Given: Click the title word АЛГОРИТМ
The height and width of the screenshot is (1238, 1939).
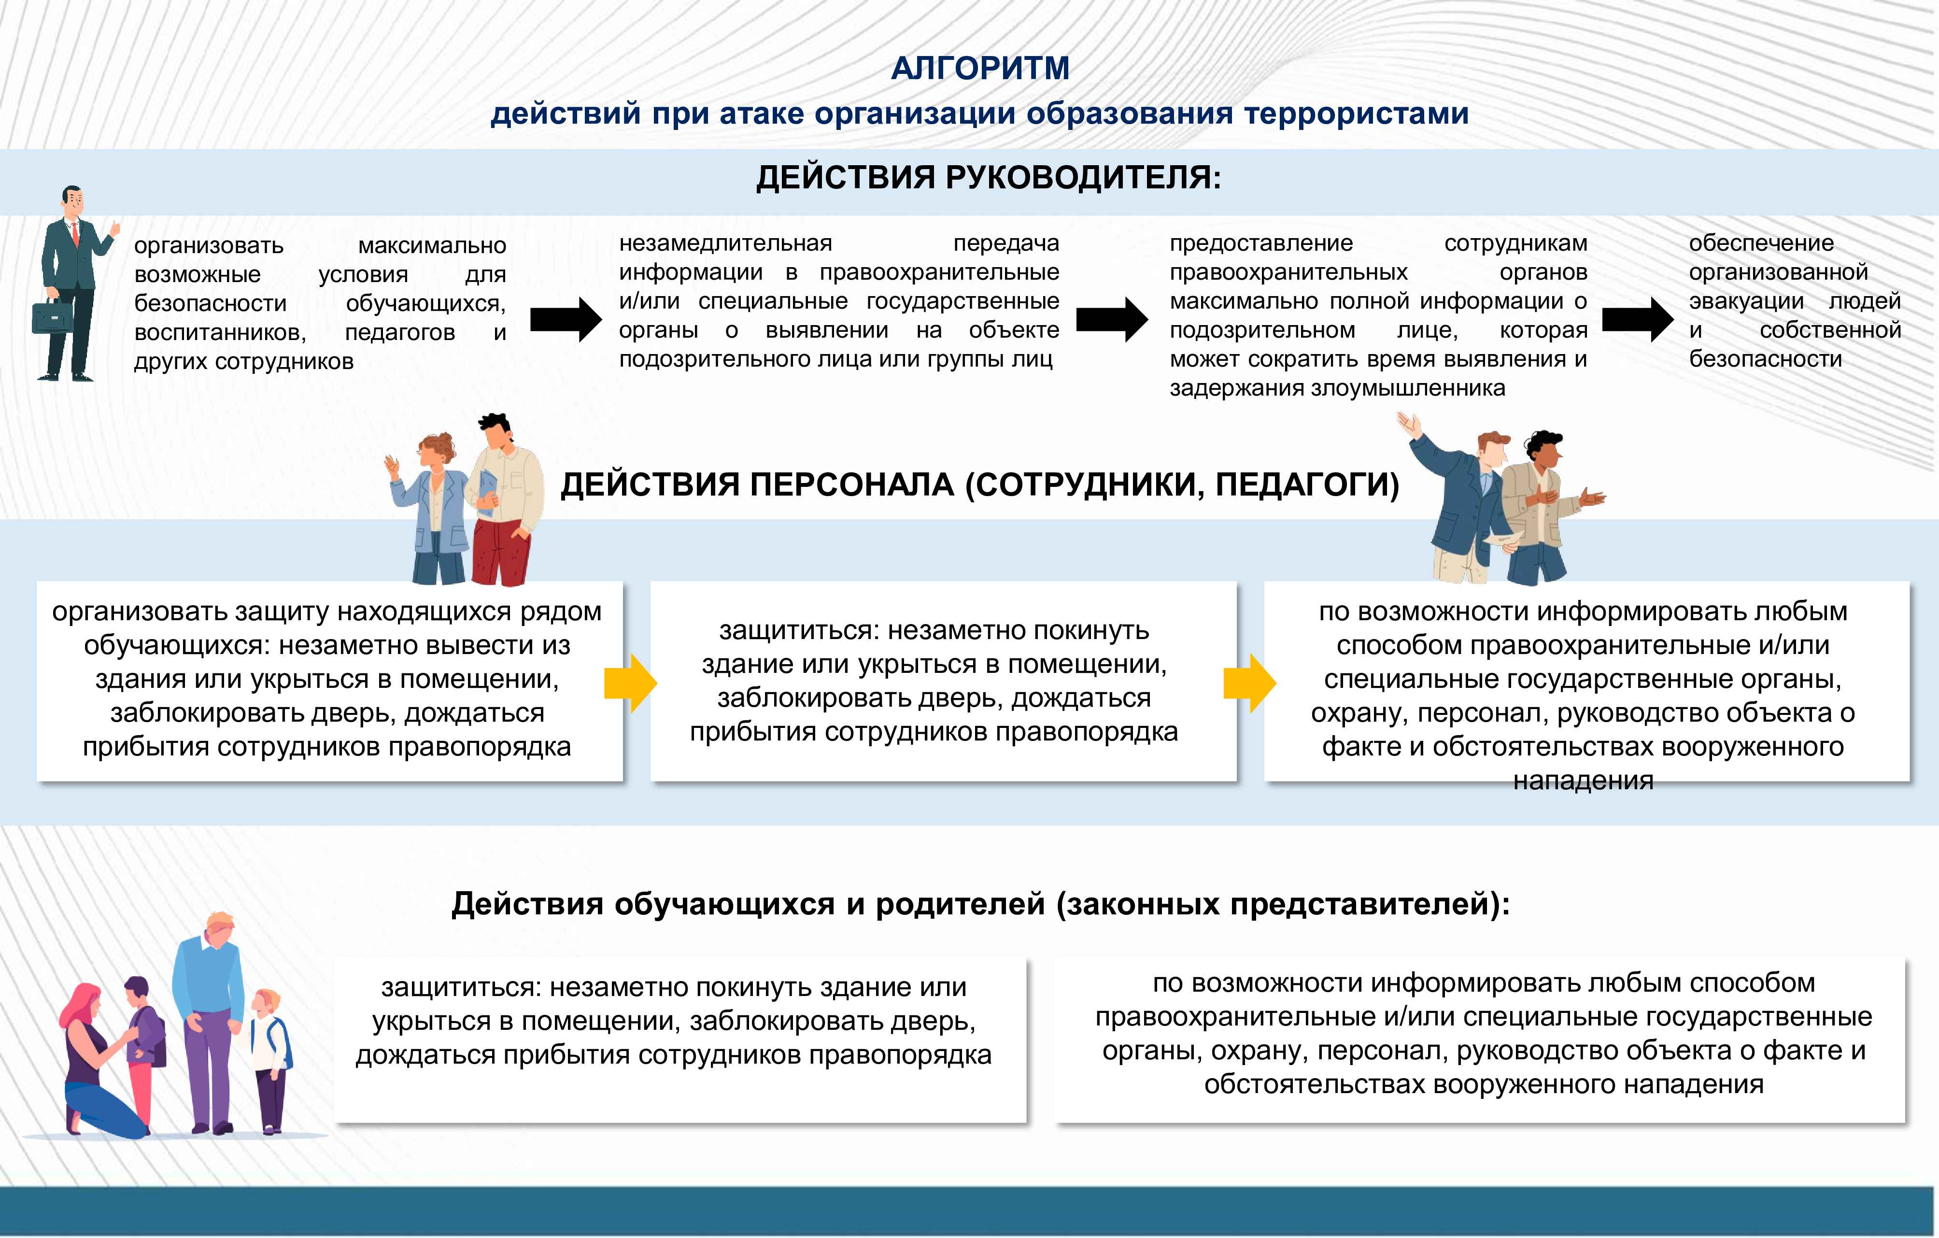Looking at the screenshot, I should point(980,69).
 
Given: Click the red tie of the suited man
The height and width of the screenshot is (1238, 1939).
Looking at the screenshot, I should point(76,234).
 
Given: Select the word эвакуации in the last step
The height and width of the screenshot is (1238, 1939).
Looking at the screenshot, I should point(1746,301).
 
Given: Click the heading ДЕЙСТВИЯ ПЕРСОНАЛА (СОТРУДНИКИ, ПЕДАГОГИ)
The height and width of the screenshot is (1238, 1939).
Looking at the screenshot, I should point(980,485).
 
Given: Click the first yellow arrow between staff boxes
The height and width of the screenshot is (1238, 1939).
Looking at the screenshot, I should point(631,683).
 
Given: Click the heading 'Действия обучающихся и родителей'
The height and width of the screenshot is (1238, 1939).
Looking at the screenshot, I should point(980,904).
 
